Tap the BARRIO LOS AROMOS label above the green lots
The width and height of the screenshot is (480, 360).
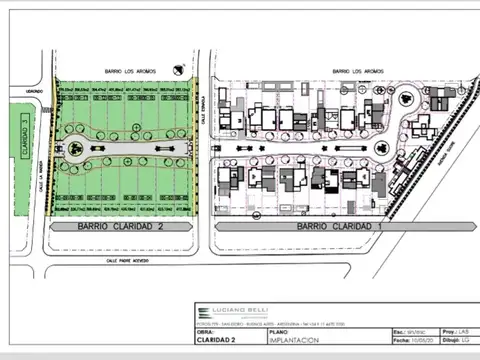(x=125, y=71)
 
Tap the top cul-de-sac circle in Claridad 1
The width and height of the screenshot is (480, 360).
(x=407, y=99)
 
